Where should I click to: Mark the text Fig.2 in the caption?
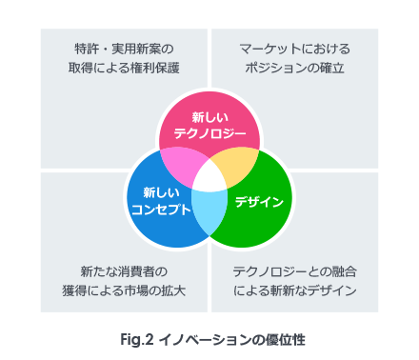(x=139, y=338)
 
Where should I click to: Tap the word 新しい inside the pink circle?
(x=209, y=116)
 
